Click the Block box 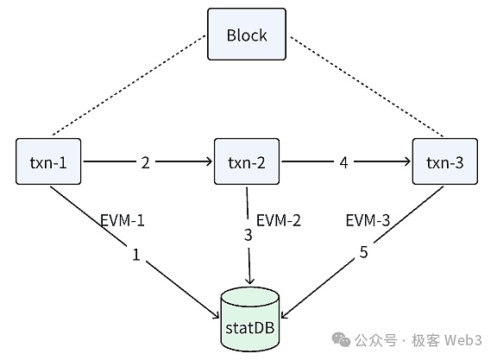pyautogui.click(x=247, y=34)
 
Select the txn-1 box pyautogui.click(x=48, y=161)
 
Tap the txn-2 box pyautogui.click(x=247, y=161)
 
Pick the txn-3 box pyautogui.click(x=444, y=161)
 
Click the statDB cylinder pyautogui.click(x=249, y=319)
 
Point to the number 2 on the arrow pyautogui.click(x=145, y=162)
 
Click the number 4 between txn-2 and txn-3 pyautogui.click(x=343, y=162)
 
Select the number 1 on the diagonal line pyautogui.click(x=136, y=255)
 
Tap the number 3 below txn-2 pyautogui.click(x=248, y=235)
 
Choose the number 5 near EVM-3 pyautogui.click(x=363, y=252)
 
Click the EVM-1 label pyautogui.click(x=123, y=220)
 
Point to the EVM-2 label pyautogui.click(x=279, y=220)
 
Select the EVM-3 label pyautogui.click(x=368, y=220)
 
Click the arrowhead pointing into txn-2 pyautogui.click(x=210, y=161)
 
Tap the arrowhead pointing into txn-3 pyautogui.click(x=407, y=161)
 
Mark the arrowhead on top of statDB pyautogui.click(x=250, y=281)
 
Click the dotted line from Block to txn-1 pyautogui.click(x=129, y=85)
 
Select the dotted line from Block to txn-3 pyautogui.click(x=367, y=86)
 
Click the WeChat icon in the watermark pyautogui.click(x=341, y=339)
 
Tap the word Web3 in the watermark pyautogui.click(x=463, y=340)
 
